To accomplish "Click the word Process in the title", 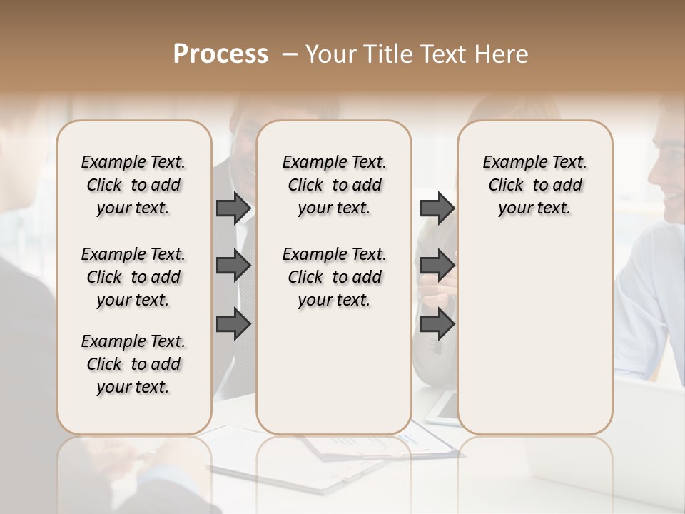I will click(x=220, y=54).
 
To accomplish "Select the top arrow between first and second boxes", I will click(x=233, y=208).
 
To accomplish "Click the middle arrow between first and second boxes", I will click(x=233, y=266).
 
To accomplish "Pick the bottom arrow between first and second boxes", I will click(x=233, y=323).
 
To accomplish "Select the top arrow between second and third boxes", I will click(x=437, y=208).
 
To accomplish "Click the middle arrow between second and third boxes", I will click(x=437, y=266).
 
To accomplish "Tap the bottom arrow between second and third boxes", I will click(x=437, y=323).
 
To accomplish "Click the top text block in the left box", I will click(x=133, y=185).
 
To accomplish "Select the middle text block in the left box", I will click(x=133, y=277).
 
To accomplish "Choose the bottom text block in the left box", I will click(x=133, y=364).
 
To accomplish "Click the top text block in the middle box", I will click(x=334, y=185).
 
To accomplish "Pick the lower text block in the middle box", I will click(x=334, y=277).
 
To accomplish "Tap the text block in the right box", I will click(x=535, y=185).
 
